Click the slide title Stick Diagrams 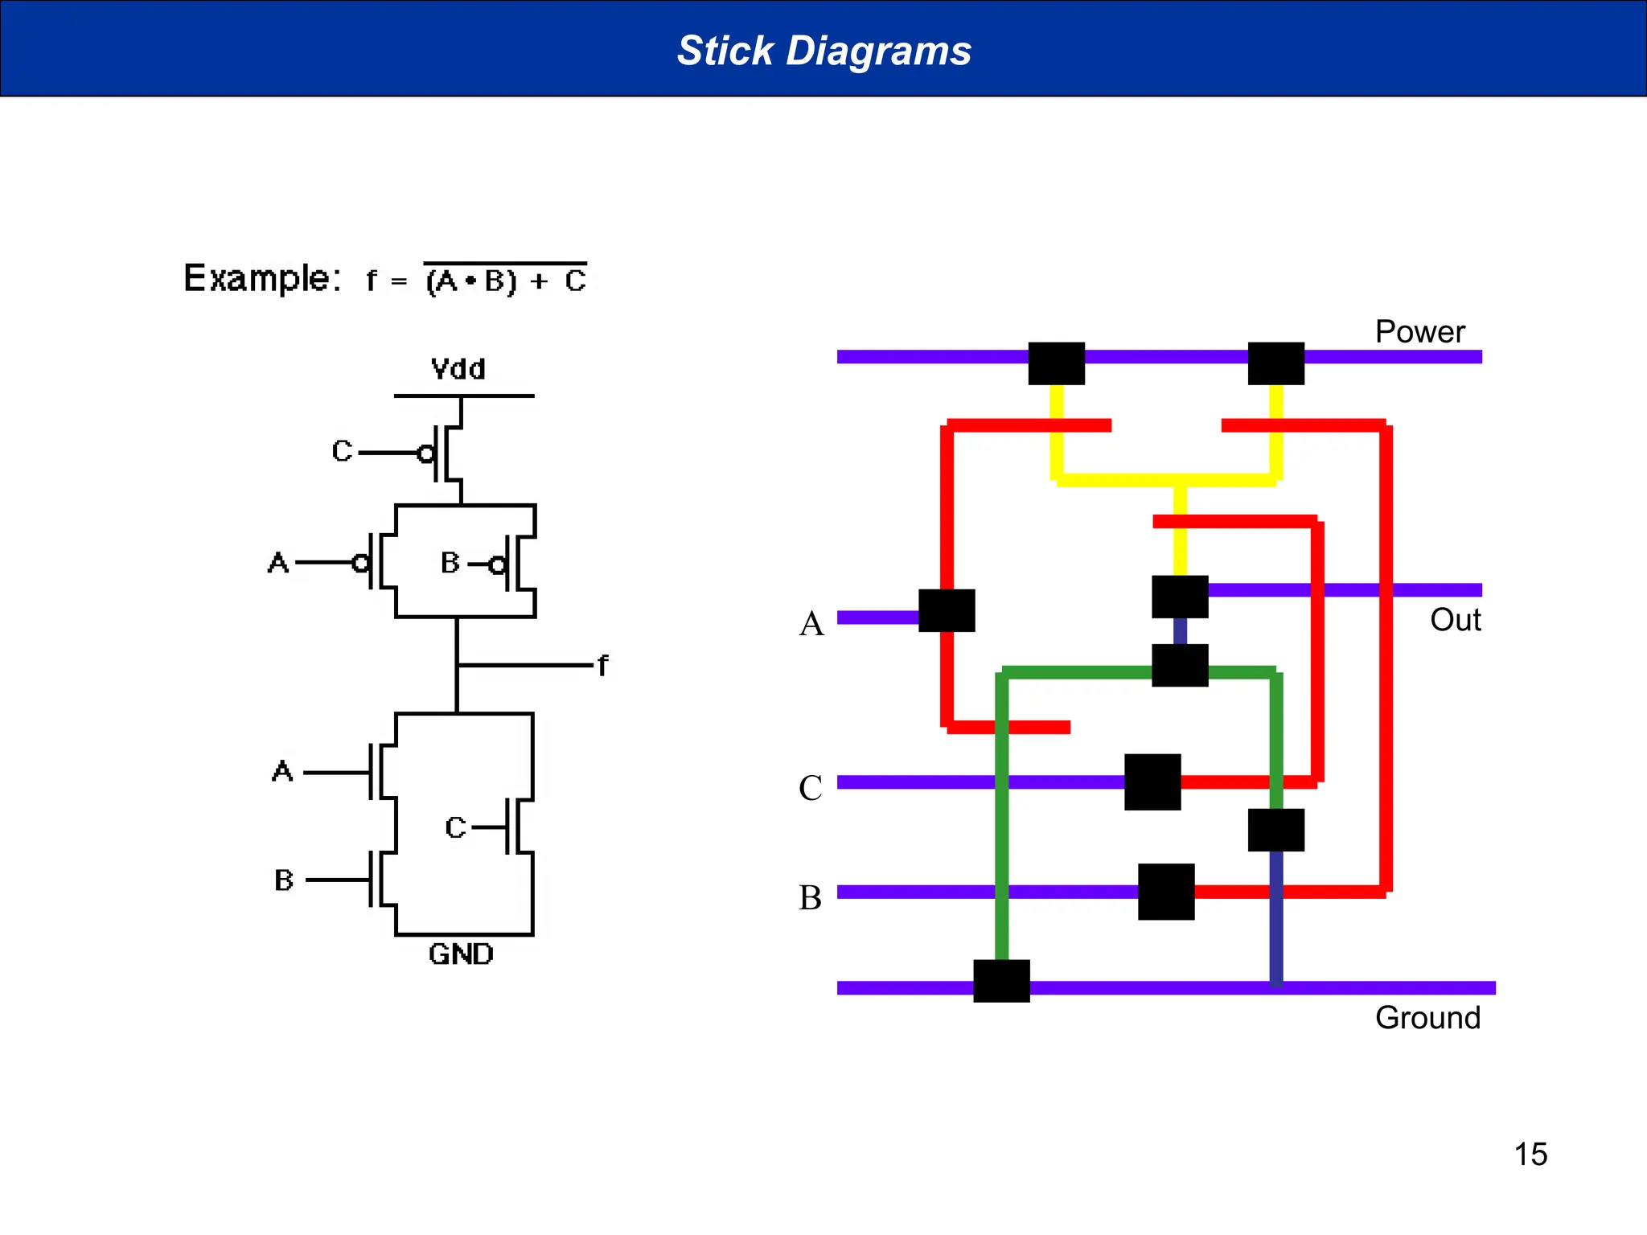[x=823, y=51]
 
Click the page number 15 [x=1530, y=1155]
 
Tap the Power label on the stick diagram [x=1419, y=332]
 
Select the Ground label [x=1427, y=1018]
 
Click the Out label [x=1455, y=620]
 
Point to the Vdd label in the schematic [x=458, y=369]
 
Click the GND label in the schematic [x=461, y=954]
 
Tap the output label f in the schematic [x=603, y=666]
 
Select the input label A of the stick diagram [x=811, y=624]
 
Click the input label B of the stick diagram [x=810, y=897]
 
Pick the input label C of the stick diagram [x=810, y=788]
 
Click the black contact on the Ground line [x=1001, y=981]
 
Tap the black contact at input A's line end [x=947, y=610]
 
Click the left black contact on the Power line [x=1056, y=363]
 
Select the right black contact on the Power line [x=1275, y=363]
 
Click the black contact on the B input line [x=1166, y=892]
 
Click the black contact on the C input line [x=1152, y=782]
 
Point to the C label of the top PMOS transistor [x=342, y=451]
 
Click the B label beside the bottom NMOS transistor [x=284, y=880]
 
